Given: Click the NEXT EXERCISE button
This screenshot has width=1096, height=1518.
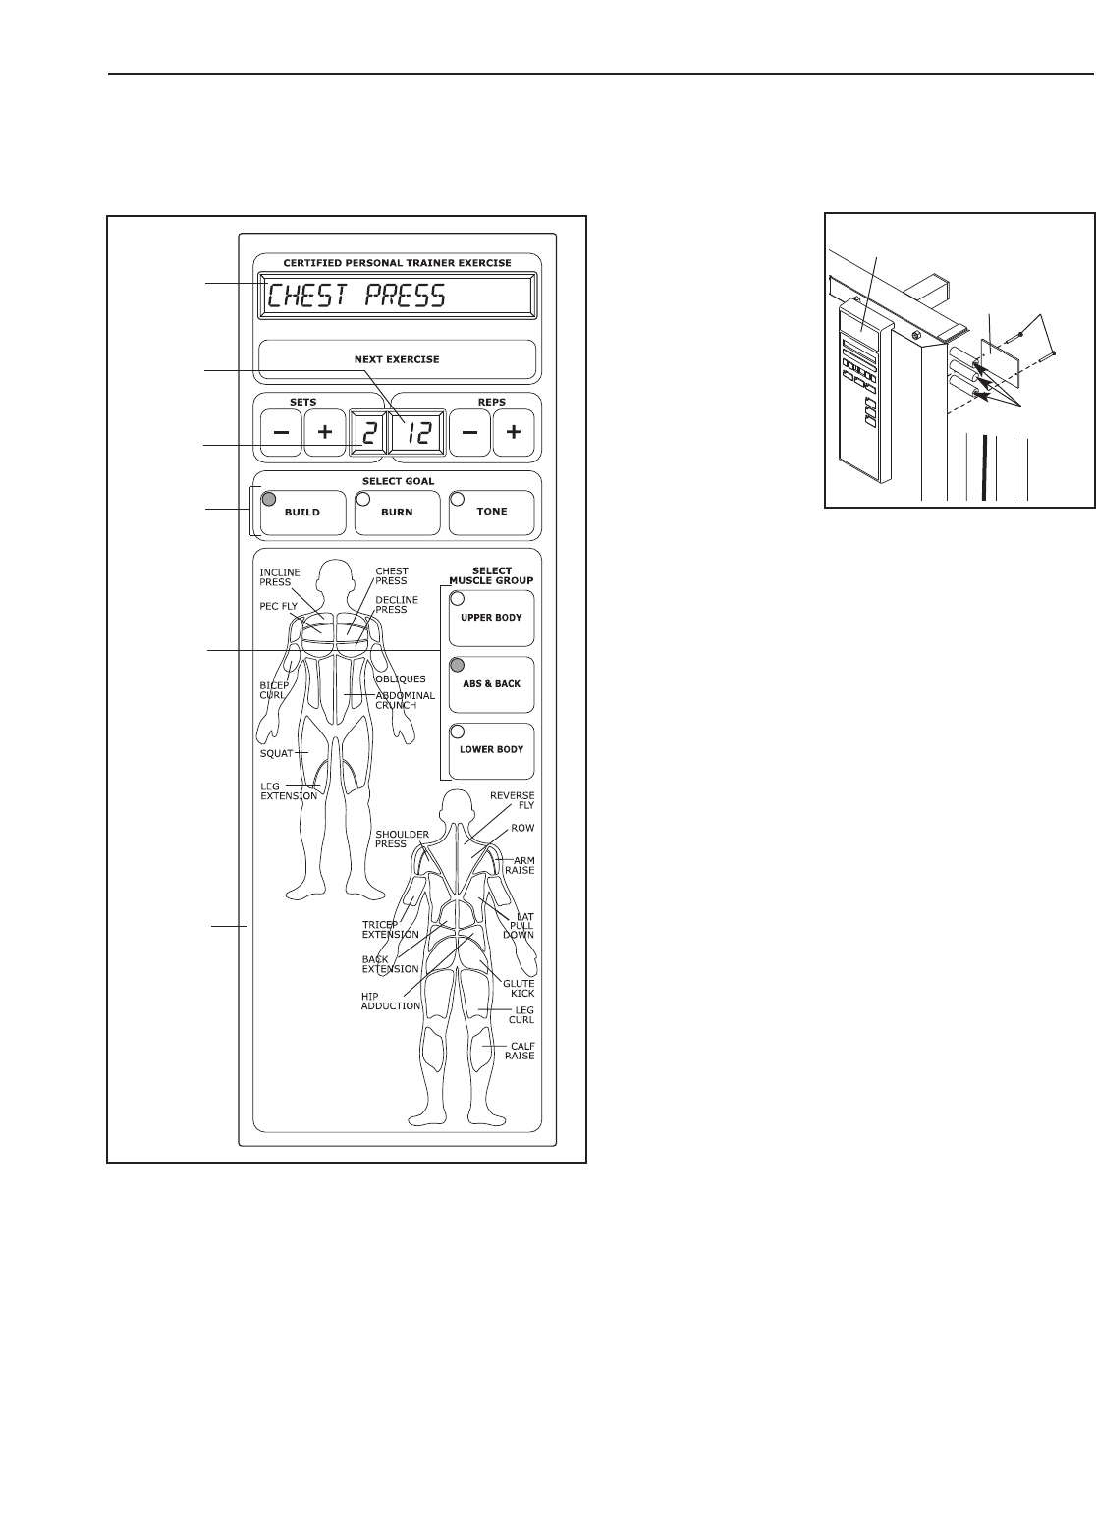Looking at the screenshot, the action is click(397, 359).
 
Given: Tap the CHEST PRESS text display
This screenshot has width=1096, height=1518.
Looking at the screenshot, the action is click(397, 296).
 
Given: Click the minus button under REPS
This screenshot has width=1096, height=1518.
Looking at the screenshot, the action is click(470, 432).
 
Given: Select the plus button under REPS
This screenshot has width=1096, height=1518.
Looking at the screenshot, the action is click(513, 432).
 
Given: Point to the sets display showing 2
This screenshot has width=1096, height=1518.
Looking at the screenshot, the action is click(368, 432).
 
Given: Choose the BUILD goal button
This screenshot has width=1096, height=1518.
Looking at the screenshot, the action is click(302, 512).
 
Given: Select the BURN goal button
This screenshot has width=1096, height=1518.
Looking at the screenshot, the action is click(397, 512).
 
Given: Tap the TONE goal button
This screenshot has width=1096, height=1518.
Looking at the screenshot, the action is click(491, 512).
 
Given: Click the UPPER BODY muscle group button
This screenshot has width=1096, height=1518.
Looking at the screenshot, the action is click(491, 618).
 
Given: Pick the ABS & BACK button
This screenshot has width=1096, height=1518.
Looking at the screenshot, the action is click(491, 683).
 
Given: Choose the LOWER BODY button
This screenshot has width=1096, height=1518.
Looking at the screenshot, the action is click(491, 749).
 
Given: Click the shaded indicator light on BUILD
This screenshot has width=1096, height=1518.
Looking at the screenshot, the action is click(268, 499).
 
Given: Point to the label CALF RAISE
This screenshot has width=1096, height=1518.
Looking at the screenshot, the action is click(520, 1050).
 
